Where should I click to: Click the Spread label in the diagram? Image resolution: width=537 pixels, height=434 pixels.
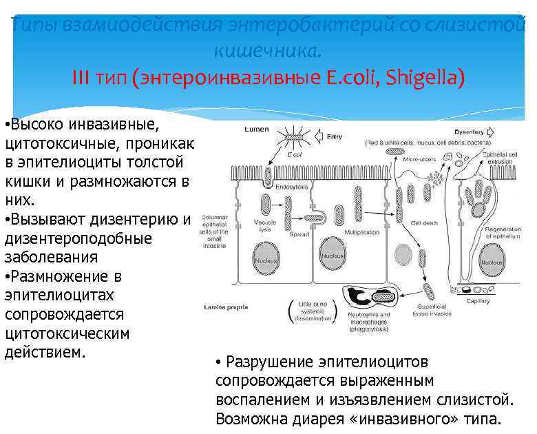(x=299, y=235)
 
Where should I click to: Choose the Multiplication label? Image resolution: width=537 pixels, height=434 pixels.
(x=361, y=233)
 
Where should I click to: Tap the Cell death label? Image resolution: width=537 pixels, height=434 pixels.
(x=425, y=223)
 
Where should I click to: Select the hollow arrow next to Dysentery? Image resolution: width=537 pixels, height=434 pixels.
(x=490, y=132)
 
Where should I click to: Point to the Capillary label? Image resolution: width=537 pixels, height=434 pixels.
(x=478, y=301)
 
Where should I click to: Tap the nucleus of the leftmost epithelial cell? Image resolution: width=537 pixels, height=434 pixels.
(x=266, y=262)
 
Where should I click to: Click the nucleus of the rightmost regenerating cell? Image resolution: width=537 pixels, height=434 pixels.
(x=492, y=262)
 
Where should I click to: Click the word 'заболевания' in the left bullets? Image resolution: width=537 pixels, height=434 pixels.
(x=51, y=257)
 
